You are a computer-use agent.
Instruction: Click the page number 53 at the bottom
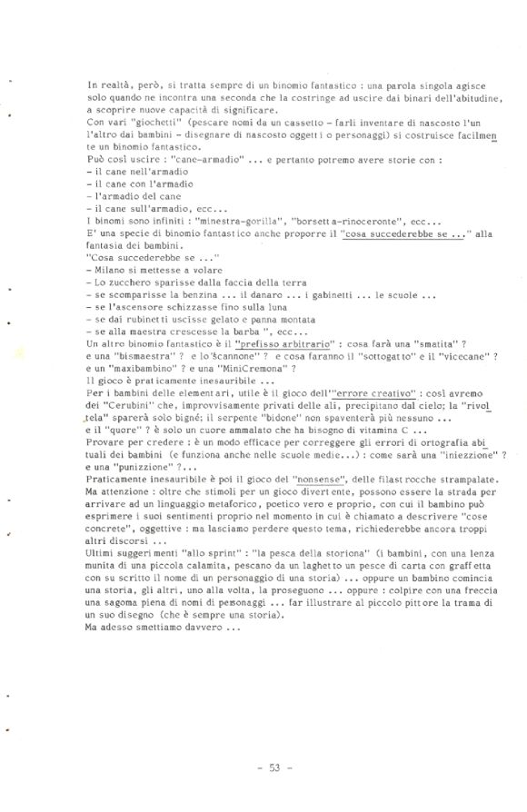click(271, 767)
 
